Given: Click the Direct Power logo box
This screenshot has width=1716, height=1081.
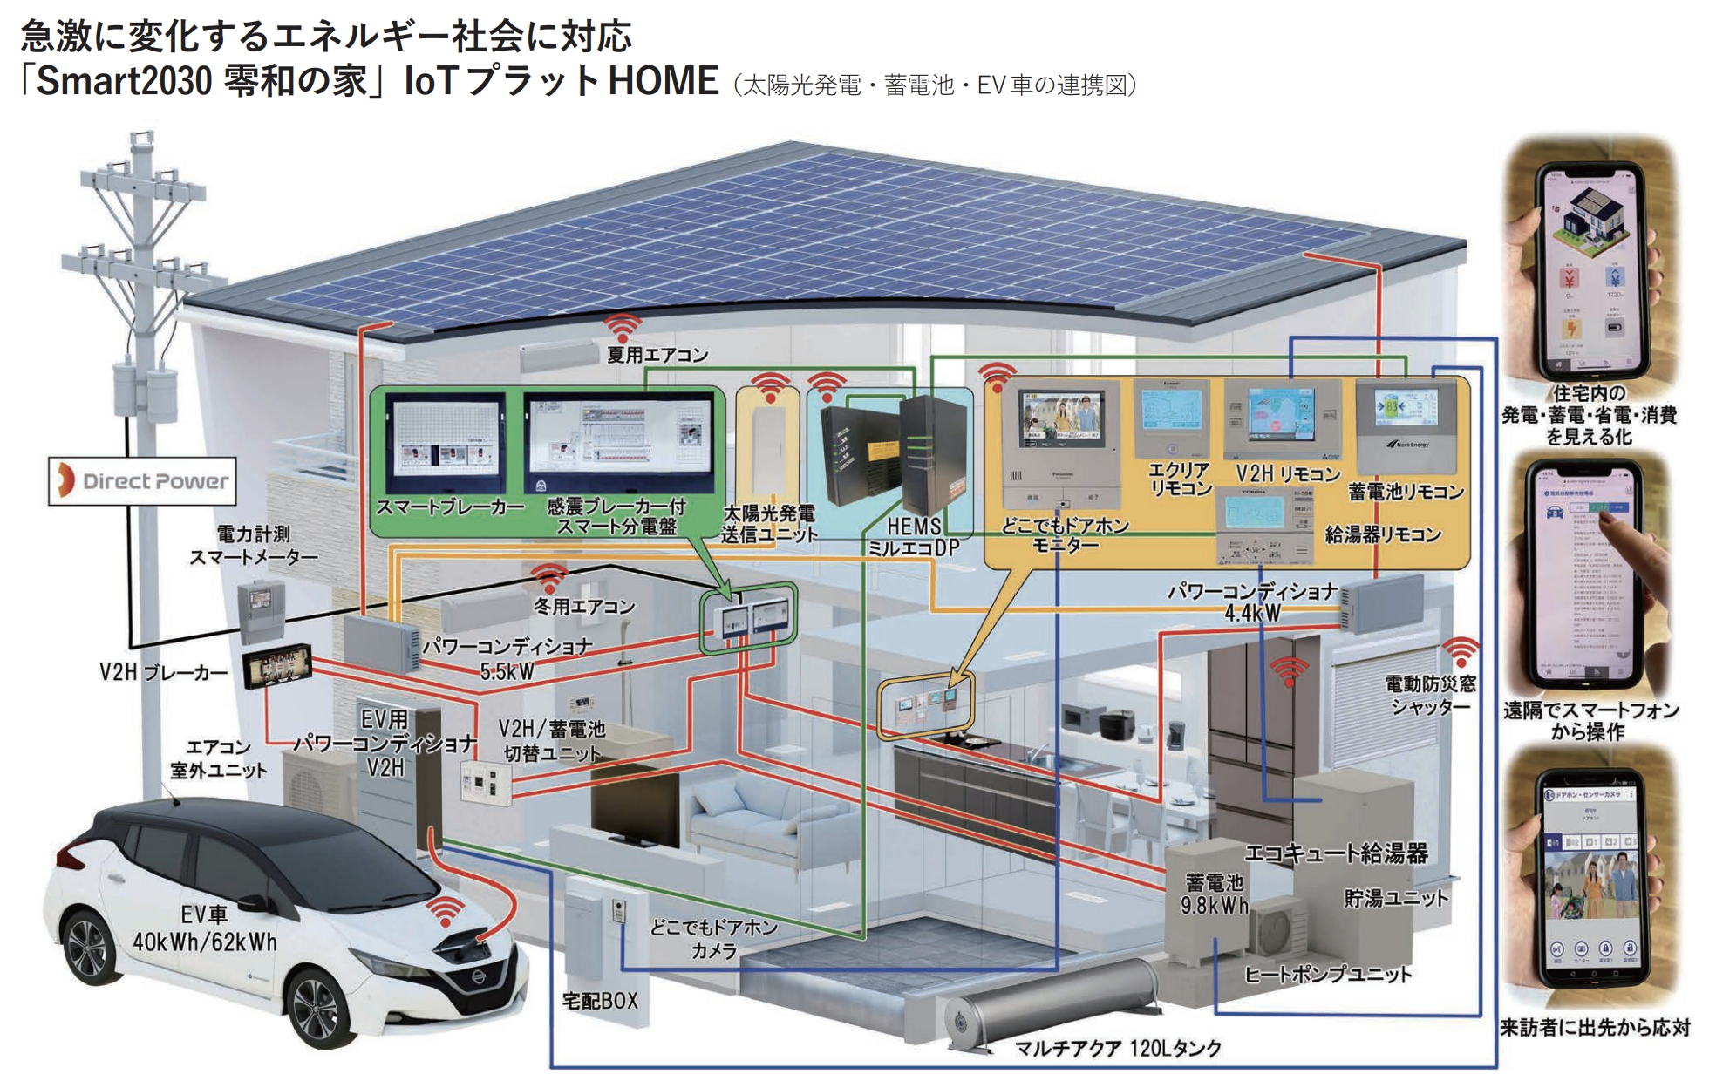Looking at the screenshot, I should coord(142,480).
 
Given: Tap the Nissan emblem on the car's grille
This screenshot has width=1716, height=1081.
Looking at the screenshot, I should coord(478,977).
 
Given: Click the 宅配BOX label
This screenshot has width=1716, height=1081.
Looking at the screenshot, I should coord(599,1001).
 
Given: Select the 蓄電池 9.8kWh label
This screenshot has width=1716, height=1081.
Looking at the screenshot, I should coord(1214,894).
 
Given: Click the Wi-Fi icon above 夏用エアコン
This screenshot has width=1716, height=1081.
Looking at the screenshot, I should coord(623,328).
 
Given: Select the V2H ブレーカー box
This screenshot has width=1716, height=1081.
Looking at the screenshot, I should coord(277,667).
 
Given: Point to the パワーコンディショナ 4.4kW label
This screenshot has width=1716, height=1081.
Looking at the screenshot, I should coord(1252,602).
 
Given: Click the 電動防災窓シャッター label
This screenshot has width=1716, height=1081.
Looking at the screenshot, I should coord(1430,695).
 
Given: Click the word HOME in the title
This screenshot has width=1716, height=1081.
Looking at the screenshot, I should coord(663,81).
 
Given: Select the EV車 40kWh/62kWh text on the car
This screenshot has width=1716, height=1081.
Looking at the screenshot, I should coord(204,928).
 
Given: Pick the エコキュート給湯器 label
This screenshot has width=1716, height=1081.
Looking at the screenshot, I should coord(1335,853).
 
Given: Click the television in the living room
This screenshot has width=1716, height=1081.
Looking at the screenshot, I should coord(634,806).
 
